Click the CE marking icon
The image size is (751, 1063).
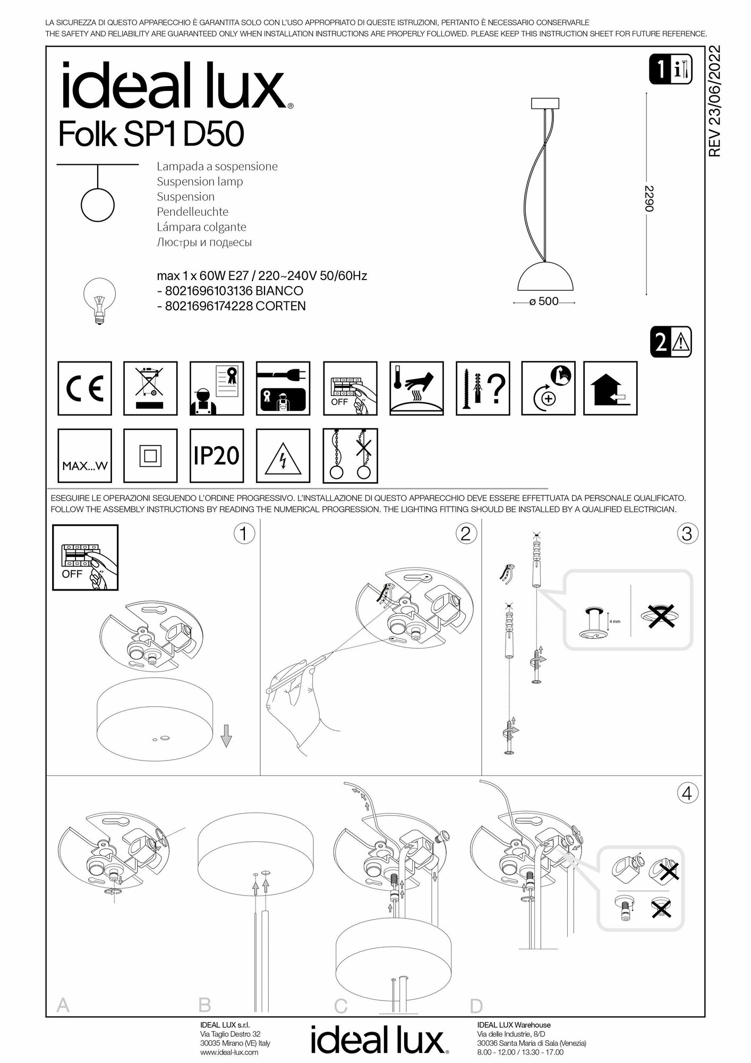[x=84, y=388]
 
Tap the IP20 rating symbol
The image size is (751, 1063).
[x=217, y=455]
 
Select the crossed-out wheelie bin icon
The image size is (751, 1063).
[x=150, y=388]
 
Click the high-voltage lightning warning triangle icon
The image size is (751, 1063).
[x=283, y=456]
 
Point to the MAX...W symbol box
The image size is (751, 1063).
[x=84, y=456]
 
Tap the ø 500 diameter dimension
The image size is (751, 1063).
[x=544, y=301]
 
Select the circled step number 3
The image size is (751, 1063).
[x=687, y=533]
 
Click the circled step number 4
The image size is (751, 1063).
[x=687, y=794]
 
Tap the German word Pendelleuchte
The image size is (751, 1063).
[x=192, y=212]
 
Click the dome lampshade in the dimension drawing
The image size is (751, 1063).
[x=543, y=276]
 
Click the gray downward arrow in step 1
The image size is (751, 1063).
[x=227, y=737]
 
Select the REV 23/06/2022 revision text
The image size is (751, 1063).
[x=715, y=102]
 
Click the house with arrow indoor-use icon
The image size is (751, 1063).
[x=610, y=388]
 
